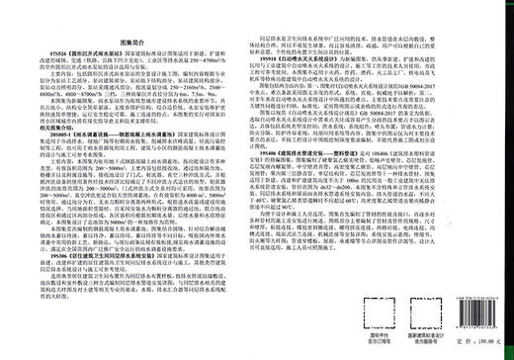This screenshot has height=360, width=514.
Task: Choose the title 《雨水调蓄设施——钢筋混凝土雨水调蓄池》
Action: click(x=138, y=160)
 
